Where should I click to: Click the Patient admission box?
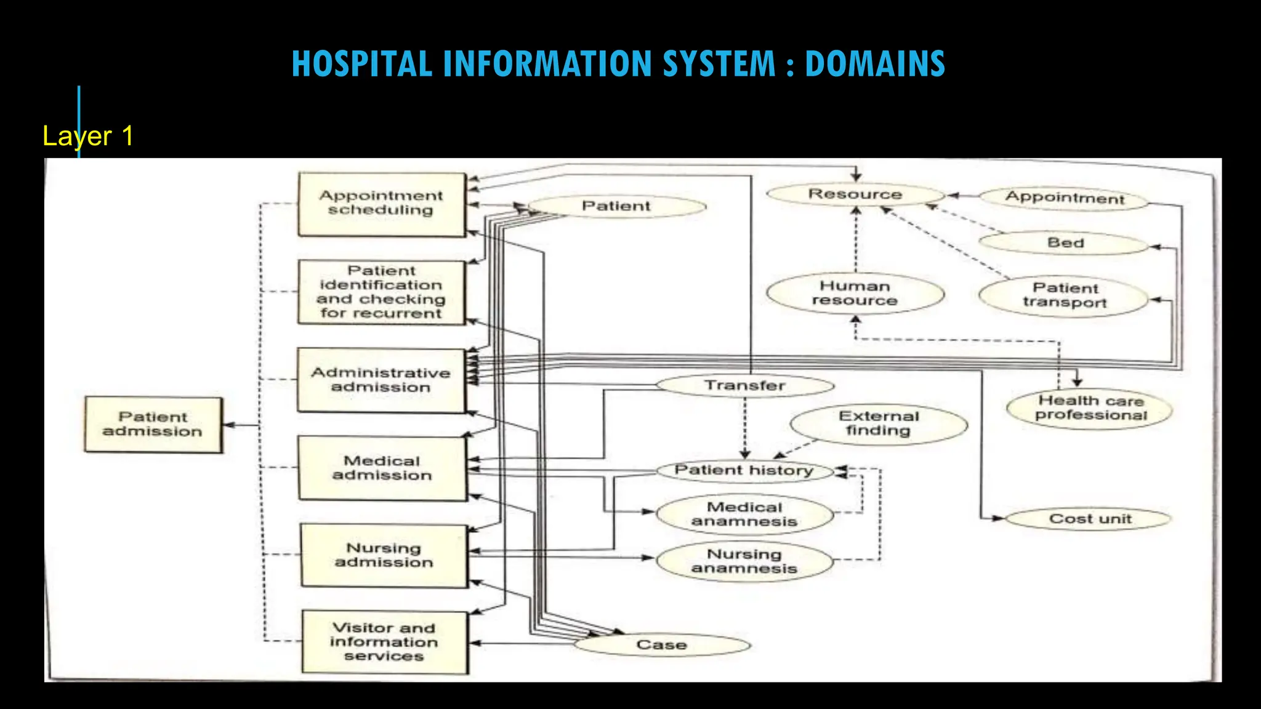point(153,425)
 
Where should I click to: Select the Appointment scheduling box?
point(381,204)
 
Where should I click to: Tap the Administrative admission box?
point(381,380)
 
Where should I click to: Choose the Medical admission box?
point(382,468)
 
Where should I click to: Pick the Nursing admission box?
point(384,555)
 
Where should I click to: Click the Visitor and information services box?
point(384,642)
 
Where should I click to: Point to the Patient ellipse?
point(616,206)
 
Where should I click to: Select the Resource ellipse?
point(855,194)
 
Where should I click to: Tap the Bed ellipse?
point(1065,243)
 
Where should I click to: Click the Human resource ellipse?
point(855,294)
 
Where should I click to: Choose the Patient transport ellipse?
point(1065,296)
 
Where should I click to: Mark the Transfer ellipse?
point(745,386)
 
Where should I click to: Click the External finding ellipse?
point(879,424)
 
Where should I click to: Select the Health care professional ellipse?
point(1090,408)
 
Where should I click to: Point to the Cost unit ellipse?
point(1089,519)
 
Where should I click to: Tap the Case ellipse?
point(662,645)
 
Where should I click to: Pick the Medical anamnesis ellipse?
point(744,515)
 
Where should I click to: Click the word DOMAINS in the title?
point(874,64)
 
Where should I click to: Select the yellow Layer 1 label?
point(88,136)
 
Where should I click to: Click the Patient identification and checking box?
point(381,292)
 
